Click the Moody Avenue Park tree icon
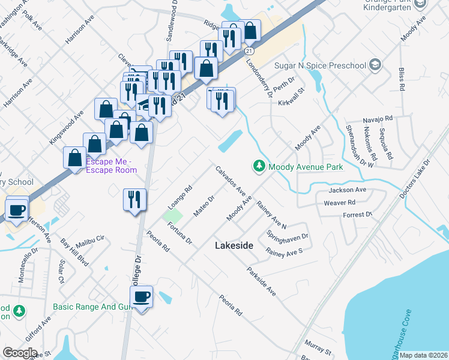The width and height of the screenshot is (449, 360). (x=259, y=166)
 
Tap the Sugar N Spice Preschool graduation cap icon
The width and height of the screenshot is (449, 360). (x=375, y=64)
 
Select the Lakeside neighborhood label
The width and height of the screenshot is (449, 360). (x=234, y=246)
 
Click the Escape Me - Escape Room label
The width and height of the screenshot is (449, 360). (x=112, y=166)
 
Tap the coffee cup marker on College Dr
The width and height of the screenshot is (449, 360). (x=142, y=297)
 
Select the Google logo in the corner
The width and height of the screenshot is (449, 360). (x=20, y=353)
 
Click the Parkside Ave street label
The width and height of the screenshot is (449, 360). (x=261, y=281)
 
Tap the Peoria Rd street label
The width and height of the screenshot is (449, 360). (x=230, y=305)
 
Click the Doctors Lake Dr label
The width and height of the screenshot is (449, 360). (x=415, y=179)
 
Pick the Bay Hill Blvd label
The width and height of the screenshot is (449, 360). (x=75, y=253)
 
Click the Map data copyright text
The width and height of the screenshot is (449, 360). (x=423, y=355)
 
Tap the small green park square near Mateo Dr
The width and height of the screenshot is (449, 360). (x=173, y=215)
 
